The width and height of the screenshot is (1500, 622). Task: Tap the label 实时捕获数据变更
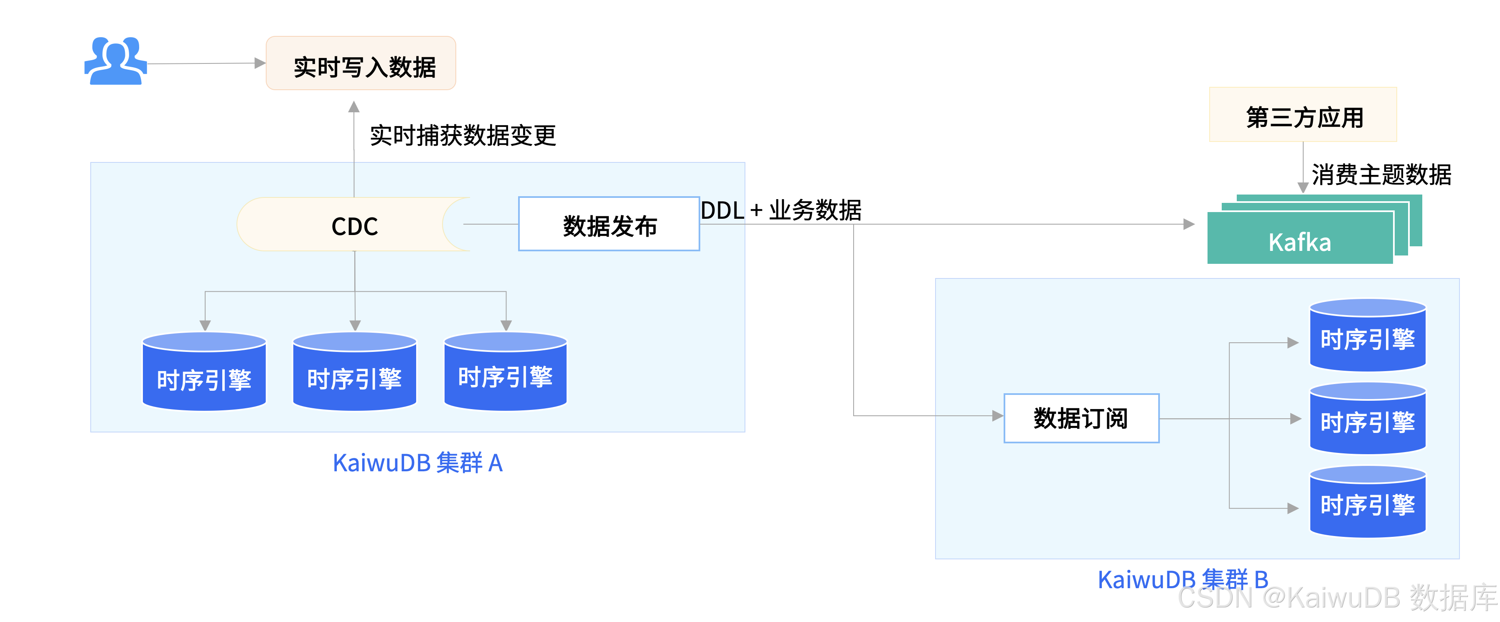463,136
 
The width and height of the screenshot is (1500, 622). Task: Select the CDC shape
354,225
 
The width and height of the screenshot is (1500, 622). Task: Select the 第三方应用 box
1303,115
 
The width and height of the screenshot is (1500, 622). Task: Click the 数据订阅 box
1081,418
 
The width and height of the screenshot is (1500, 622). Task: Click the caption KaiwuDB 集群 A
417,463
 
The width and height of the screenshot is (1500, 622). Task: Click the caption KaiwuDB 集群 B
1182,579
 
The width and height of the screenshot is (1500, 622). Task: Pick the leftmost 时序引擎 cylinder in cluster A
204,372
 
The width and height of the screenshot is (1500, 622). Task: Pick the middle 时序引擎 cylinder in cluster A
355,372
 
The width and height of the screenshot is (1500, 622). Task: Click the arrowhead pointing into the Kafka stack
1189,225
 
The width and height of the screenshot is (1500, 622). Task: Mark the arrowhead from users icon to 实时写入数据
260,63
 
